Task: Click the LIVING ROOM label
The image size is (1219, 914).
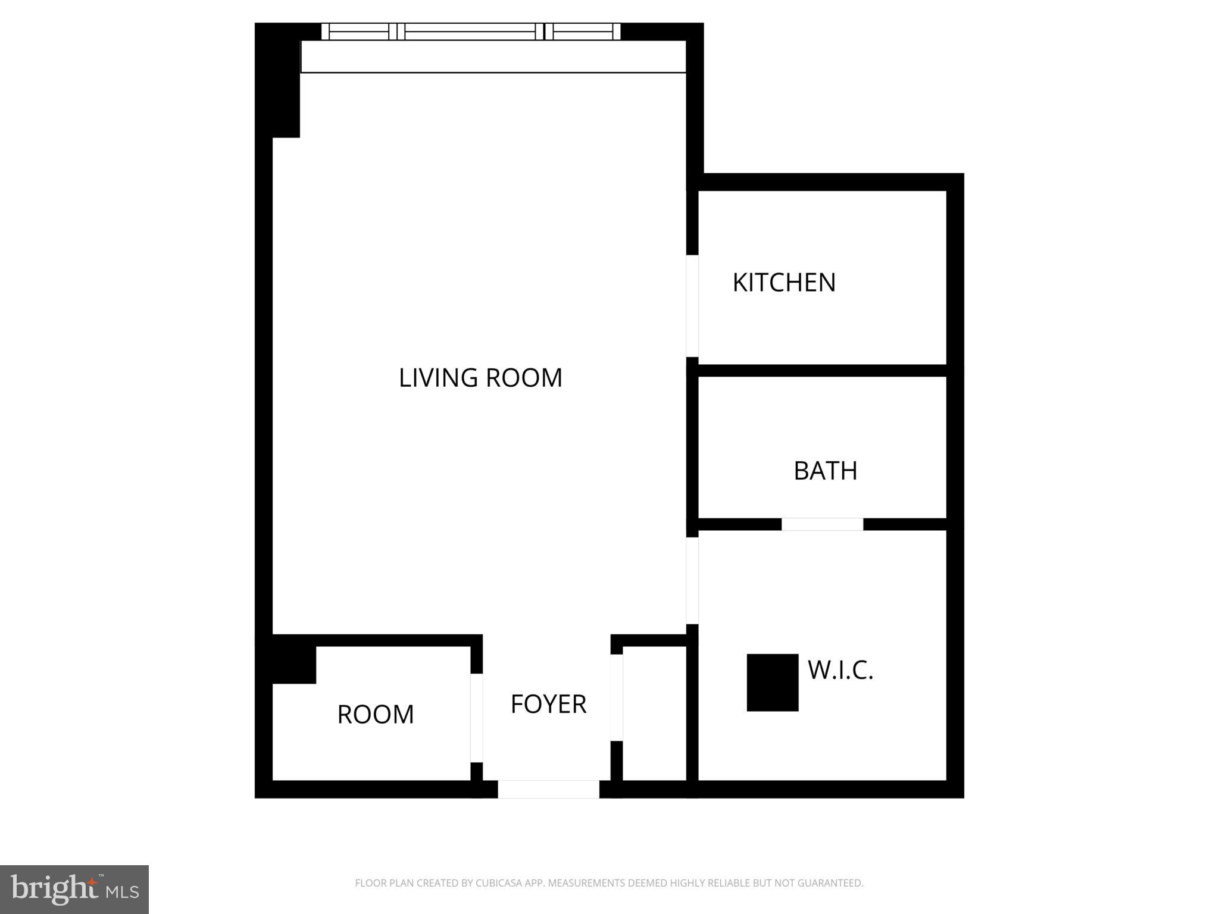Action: tap(480, 378)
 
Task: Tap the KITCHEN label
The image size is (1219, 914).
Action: tap(784, 283)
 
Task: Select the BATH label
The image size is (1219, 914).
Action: tap(825, 471)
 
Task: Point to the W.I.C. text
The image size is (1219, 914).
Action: tap(840, 670)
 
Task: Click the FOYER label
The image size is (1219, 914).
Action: tap(548, 704)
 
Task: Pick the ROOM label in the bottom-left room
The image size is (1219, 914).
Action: tap(375, 714)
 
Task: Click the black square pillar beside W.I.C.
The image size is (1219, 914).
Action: tap(772, 682)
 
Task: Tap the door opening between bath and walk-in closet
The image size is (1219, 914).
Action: tap(822, 524)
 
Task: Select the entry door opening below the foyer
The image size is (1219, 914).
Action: tap(548, 789)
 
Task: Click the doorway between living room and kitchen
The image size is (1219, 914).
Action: tap(692, 306)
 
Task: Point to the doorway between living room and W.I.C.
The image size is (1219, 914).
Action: tap(692, 581)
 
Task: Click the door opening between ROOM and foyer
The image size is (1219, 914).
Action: tap(476, 718)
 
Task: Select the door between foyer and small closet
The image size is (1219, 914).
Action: tap(617, 697)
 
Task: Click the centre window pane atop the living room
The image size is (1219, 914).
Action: tap(474, 32)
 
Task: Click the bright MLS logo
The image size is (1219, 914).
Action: tap(74, 889)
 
